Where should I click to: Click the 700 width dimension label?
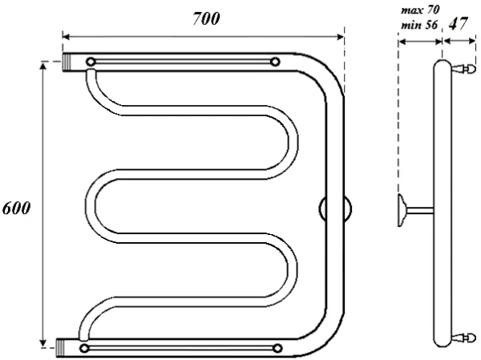click(x=206, y=18)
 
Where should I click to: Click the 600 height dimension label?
click(x=17, y=208)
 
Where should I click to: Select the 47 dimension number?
click(x=459, y=23)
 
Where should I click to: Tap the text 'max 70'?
click(x=421, y=10)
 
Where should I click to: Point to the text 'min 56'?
click(x=419, y=25)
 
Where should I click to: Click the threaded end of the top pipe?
click(x=67, y=63)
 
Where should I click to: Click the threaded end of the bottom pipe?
click(x=60, y=348)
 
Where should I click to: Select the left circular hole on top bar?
click(x=91, y=62)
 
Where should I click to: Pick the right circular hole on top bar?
click(x=275, y=62)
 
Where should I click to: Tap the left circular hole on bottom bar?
click(x=84, y=348)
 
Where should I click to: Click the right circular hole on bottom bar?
click(x=277, y=348)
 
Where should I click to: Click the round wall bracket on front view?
click(x=335, y=208)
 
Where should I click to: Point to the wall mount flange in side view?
click(x=402, y=211)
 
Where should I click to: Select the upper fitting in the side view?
click(x=463, y=68)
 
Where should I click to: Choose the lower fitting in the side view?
click(x=463, y=338)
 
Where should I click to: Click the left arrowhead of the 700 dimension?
click(x=66, y=37)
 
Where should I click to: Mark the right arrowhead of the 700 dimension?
click(x=341, y=37)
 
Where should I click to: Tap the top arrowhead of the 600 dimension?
click(x=43, y=66)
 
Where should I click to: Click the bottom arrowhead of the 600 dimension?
click(x=43, y=343)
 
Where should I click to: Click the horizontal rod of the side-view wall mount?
click(x=420, y=210)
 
